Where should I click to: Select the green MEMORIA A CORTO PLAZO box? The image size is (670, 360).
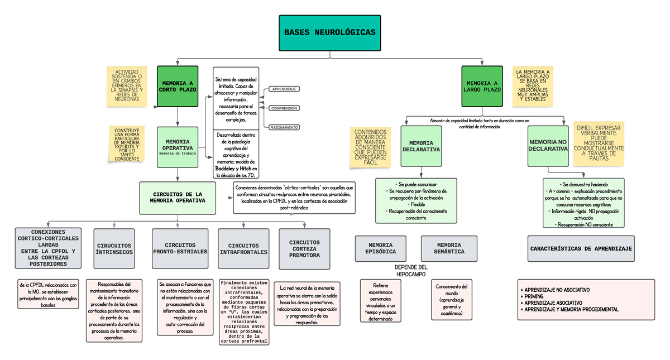click(x=177, y=86)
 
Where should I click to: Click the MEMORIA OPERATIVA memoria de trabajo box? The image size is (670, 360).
click(x=177, y=147)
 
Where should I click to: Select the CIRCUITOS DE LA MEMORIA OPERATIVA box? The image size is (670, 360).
click(x=177, y=198)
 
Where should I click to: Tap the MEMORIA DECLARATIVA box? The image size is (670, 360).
click(x=421, y=146)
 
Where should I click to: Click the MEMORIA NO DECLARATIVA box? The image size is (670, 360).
click(x=548, y=146)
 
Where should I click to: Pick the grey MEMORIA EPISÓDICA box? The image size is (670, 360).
click(x=381, y=248)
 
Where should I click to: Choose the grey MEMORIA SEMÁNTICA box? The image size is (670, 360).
click(x=449, y=248)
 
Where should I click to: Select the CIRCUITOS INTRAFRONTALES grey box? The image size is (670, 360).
click(x=243, y=248)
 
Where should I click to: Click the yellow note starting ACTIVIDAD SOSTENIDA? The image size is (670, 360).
click(x=127, y=86)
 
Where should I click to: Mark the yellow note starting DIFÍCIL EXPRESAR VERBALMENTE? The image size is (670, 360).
click(x=599, y=143)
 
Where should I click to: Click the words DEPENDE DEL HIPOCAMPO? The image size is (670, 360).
click(x=411, y=271)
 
